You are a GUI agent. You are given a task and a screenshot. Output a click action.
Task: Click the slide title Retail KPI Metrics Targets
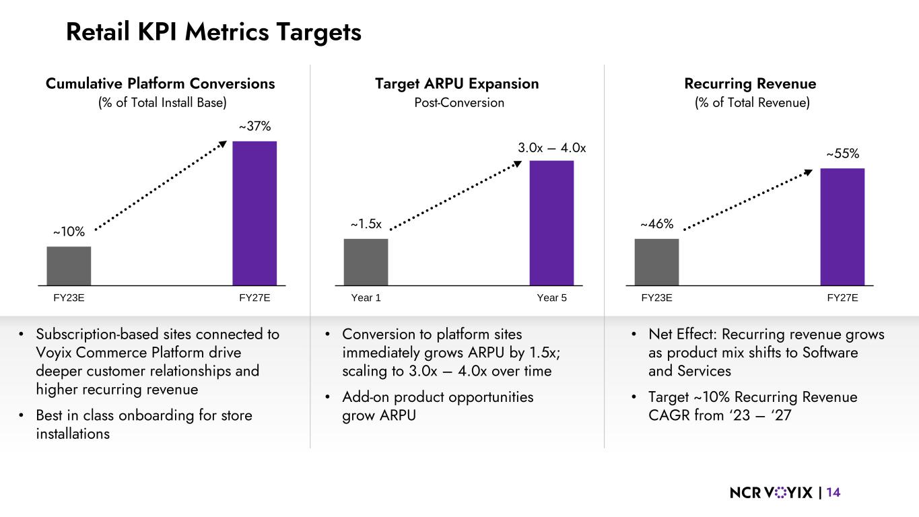click(x=213, y=32)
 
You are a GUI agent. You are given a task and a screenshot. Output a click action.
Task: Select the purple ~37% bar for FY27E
click(x=254, y=213)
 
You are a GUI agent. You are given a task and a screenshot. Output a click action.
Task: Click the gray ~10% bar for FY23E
click(x=69, y=265)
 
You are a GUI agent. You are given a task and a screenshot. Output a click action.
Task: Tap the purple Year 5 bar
click(x=551, y=222)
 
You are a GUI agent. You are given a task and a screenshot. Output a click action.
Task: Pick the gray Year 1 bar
click(x=366, y=262)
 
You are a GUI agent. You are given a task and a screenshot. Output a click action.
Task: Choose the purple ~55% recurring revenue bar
click(x=842, y=226)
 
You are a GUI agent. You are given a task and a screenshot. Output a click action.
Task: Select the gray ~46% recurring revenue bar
click(x=656, y=262)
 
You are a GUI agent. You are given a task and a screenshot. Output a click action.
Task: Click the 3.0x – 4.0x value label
click(x=551, y=147)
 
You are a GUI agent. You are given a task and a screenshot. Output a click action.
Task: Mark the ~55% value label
click(x=843, y=153)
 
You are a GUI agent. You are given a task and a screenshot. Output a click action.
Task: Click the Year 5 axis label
click(x=551, y=298)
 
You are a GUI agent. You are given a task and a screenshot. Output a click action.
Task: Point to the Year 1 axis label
click(x=366, y=298)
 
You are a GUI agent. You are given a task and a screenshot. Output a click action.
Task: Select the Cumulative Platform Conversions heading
click(x=160, y=83)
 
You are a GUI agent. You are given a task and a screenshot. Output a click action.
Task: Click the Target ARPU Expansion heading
click(x=456, y=83)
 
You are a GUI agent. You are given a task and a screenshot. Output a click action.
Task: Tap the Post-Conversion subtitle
click(x=458, y=103)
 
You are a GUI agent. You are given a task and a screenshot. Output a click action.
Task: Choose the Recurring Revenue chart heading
click(x=749, y=83)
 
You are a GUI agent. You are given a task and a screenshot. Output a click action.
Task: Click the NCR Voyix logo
click(x=772, y=493)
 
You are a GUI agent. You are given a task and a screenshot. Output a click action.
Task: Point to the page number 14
click(x=833, y=493)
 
